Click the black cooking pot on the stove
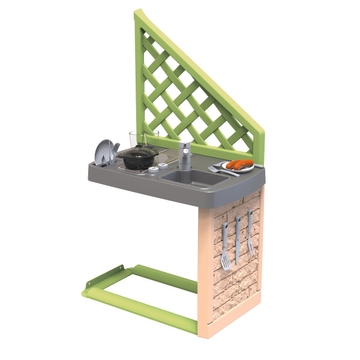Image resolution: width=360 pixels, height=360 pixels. (139, 157)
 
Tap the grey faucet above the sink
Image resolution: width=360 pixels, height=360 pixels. (185, 156)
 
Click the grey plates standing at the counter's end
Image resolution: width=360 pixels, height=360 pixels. (105, 151)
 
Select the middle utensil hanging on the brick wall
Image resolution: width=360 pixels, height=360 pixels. (237, 240)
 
